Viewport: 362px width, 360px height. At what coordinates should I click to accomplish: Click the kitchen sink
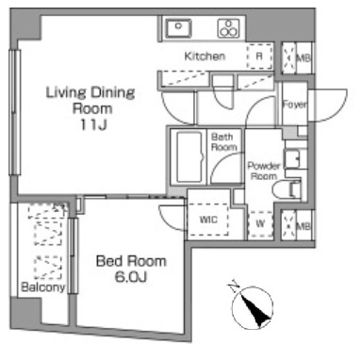[x=178, y=28]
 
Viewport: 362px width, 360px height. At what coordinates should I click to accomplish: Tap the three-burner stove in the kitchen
[x=229, y=28]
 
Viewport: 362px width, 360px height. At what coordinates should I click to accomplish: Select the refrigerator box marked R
[x=259, y=57]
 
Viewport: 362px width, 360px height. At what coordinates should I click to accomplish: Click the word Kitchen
[x=205, y=57]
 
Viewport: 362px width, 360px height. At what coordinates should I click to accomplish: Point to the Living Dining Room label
[x=90, y=100]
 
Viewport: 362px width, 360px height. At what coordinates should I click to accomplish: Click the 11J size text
[x=93, y=124]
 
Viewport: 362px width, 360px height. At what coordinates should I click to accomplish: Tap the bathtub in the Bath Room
[x=189, y=157]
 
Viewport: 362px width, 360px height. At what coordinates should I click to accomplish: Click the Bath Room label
[x=223, y=141]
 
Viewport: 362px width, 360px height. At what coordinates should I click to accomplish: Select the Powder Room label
[x=264, y=171]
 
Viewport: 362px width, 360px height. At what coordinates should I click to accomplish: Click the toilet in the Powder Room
[x=287, y=188]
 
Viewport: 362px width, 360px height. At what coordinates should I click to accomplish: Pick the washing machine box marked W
[x=260, y=223]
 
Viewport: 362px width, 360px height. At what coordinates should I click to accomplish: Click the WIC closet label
[x=208, y=220]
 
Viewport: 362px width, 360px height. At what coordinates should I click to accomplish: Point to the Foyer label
[x=294, y=105]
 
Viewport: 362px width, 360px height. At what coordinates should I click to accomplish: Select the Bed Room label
[x=131, y=261]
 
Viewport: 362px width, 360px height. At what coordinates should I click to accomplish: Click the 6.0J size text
[x=131, y=277]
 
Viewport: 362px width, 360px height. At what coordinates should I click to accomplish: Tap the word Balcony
[x=43, y=286]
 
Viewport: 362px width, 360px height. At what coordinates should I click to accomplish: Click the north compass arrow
[x=254, y=308]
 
